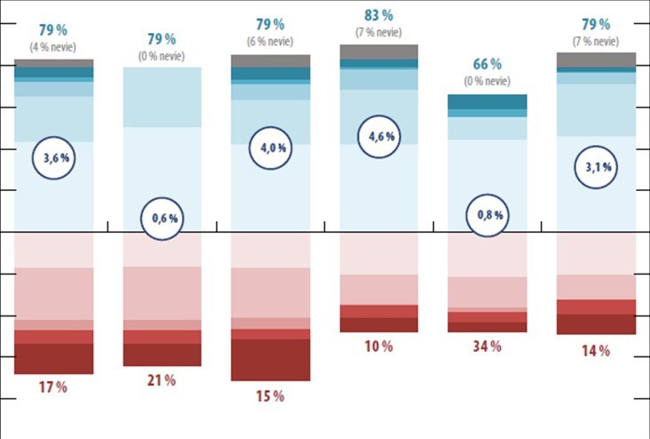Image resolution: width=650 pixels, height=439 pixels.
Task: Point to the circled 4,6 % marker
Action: [378, 138]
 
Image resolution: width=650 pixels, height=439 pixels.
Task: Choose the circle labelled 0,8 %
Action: [487, 215]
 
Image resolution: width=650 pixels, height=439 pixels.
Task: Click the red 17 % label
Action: [53, 387]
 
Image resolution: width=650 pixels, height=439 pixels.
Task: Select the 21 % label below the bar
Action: [162, 380]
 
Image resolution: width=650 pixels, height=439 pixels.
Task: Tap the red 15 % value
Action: [270, 396]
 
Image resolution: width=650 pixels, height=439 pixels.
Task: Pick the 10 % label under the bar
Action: [378, 346]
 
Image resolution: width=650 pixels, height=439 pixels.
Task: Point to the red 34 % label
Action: [487, 345]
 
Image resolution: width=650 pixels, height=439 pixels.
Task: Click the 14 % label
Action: [596, 351]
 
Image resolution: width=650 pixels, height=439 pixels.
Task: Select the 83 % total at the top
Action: [379, 15]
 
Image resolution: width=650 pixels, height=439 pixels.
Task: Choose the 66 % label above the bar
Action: [487, 64]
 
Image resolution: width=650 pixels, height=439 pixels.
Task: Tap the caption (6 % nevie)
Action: [270, 41]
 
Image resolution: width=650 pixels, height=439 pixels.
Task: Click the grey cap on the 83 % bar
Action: [378, 52]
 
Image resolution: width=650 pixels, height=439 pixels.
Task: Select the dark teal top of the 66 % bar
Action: [487, 102]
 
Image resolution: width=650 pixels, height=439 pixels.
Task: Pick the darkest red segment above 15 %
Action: [270, 360]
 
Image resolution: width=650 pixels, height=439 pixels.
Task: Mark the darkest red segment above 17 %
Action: [53, 359]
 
